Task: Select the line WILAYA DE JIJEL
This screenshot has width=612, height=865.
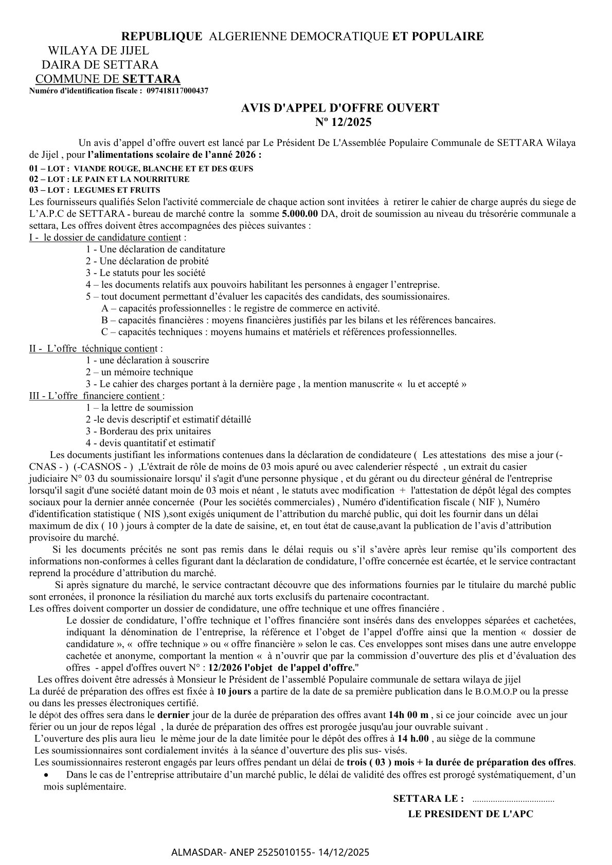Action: (x=98, y=51)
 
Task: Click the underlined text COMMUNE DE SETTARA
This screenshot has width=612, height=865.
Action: (x=107, y=79)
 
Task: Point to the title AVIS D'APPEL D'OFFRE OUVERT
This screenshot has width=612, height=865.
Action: (x=340, y=108)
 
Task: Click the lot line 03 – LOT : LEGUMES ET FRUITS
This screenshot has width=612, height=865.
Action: (x=95, y=190)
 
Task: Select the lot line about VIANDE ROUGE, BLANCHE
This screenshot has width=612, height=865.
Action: (x=141, y=169)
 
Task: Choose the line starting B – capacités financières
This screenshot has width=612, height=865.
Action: (x=298, y=320)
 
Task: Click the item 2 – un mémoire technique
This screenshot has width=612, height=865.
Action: (x=139, y=372)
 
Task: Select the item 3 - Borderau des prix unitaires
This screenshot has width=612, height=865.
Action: (x=148, y=431)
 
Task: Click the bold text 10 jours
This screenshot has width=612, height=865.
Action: (x=234, y=691)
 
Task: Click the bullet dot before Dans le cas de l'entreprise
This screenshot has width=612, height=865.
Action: (x=47, y=775)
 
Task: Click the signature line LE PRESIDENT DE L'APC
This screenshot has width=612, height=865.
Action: (x=471, y=815)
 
